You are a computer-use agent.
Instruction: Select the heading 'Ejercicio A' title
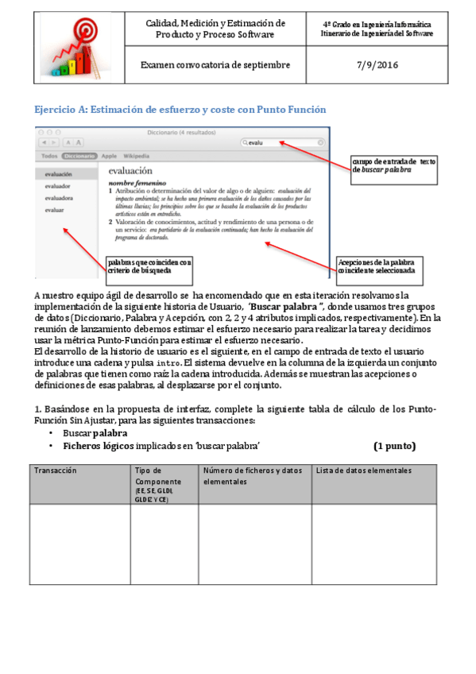pyautogui.click(x=180, y=109)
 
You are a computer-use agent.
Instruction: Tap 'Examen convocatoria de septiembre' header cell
pyautogui.click(x=215, y=65)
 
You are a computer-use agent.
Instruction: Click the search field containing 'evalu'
pyautogui.click(x=282, y=142)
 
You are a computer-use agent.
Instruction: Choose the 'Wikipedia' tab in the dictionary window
pyautogui.click(x=137, y=156)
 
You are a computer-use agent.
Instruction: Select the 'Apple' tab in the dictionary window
pyautogui.click(x=109, y=156)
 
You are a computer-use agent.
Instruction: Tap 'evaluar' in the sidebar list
pyautogui.click(x=55, y=210)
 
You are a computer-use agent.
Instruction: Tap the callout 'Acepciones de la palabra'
pyautogui.click(x=381, y=265)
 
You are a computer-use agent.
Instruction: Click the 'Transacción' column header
pyautogui.click(x=55, y=471)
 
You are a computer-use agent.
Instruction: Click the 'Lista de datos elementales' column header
pyautogui.click(x=364, y=471)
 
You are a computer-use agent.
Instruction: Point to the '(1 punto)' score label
pyautogui.click(x=394, y=445)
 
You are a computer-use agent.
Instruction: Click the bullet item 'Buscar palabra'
pyautogui.click(x=95, y=433)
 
